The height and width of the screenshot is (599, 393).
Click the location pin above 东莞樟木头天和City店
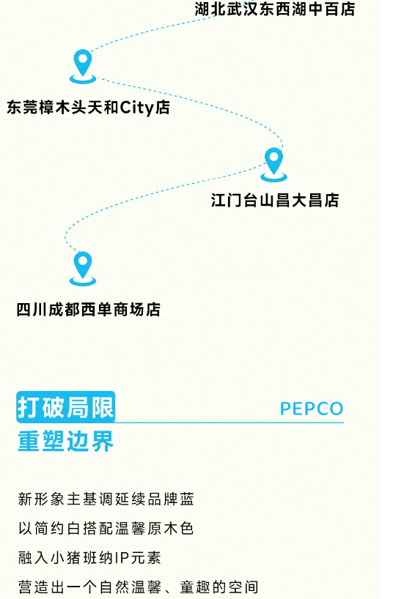pyautogui.click(x=83, y=66)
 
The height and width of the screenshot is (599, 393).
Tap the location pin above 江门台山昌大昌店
pyautogui.click(x=273, y=164)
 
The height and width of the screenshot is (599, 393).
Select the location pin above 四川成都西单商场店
pyautogui.click(x=83, y=269)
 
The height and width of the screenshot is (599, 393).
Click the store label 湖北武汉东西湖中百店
pyautogui.click(x=275, y=9)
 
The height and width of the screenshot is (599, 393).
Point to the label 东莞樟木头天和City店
pyautogui.click(x=89, y=108)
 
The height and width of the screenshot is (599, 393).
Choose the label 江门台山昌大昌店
pyautogui.click(x=275, y=200)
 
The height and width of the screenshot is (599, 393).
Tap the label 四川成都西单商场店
pyautogui.click(x=89, y=310)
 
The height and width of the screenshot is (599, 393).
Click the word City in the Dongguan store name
pyautogui.click(x=136, y=108)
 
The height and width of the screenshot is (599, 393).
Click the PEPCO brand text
pyautogui.click(x=312, y=409)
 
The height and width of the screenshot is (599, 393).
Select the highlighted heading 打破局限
pyautogui.click(x=65, y=407)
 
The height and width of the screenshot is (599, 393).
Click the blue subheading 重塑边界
pyautogui.click(x=65, y=442)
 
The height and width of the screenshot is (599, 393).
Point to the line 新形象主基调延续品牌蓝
pyautogui.click(x=106, y=499)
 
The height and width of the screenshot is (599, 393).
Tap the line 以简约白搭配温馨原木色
pyautogui.click(x=106, y=528)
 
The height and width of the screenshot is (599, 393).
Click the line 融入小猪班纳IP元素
pyautogui.click(x=89, y=558)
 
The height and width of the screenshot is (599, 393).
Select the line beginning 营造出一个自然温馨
pyautogui.click(x=138, y=587)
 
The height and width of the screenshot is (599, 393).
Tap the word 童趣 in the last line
pyautogui.click(x=195, y=587)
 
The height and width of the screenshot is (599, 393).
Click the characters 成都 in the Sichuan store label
pyautogui.click(x=65, y=310)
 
